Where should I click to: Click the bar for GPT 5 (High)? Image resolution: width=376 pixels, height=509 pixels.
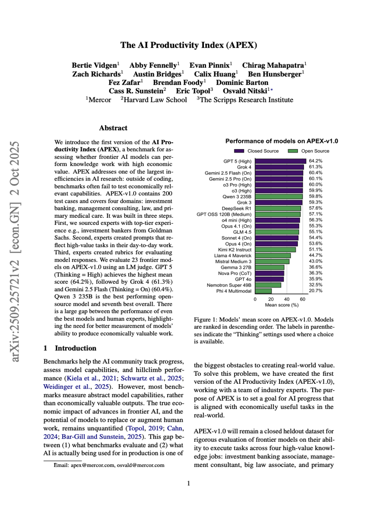[280, 161]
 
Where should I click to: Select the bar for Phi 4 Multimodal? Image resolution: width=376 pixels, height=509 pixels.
[263, 291]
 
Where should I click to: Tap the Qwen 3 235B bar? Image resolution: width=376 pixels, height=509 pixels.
[279, 196]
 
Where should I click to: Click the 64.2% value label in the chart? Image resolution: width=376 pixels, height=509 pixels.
[315, 161]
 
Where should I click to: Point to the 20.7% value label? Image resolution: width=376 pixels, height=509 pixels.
[315, 291]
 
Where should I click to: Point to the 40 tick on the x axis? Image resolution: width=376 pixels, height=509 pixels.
[287, 299]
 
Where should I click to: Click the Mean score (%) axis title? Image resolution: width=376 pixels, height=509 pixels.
[280, 305]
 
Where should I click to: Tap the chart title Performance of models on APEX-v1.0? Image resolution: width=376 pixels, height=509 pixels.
[282, 141]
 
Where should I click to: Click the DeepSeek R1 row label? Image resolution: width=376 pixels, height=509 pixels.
[237, 207]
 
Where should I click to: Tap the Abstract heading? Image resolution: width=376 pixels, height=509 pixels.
[113, 128]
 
